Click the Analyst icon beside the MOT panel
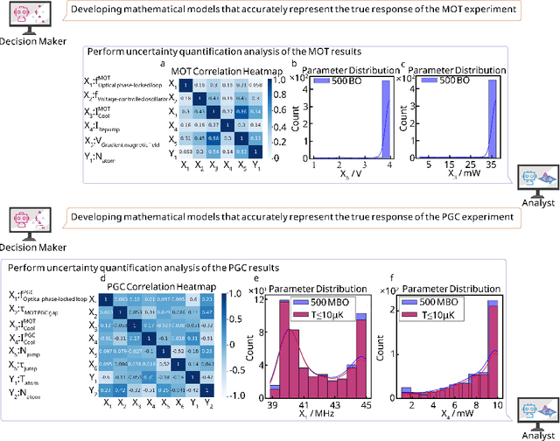click(534, 178)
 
